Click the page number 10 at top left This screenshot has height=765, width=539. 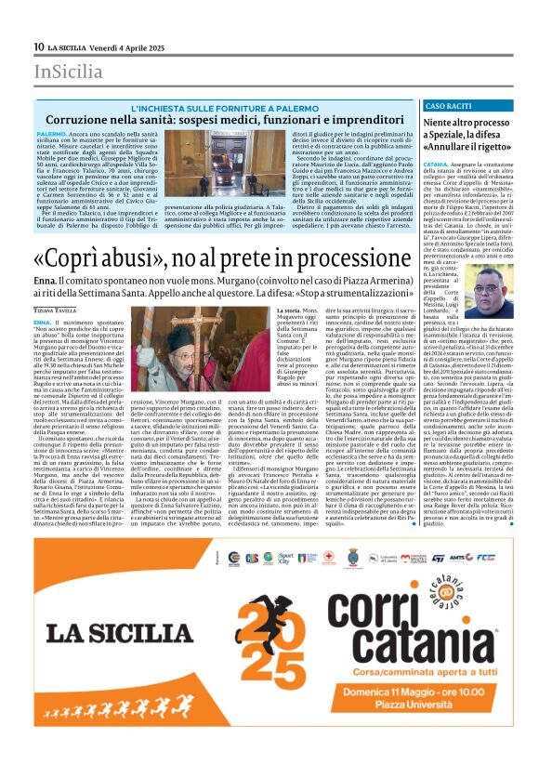[39, 46]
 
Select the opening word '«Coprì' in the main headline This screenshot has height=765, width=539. [68, 257]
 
